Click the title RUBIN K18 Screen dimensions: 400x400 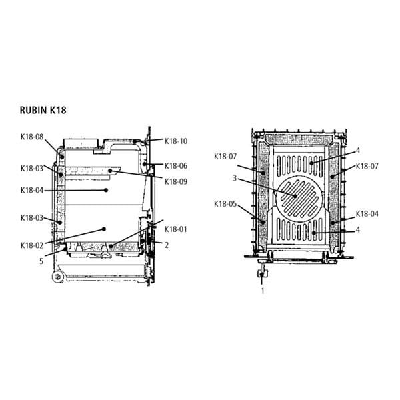click(x=43, y=110)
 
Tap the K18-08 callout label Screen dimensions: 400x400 click(x=32, y=137)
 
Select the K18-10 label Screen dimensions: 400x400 click(x=176, y=141)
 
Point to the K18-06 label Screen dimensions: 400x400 click(x=176, y=166)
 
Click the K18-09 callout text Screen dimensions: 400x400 click(x=176, y=181)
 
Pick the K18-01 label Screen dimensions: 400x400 click(x=176, y=229)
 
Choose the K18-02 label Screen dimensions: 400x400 click(x=32, y=245)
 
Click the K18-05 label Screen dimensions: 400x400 click(x=225, y=204)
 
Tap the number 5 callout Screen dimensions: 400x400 click(x=41, y=261)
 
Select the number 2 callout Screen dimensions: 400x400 click(x=167, y=245)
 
